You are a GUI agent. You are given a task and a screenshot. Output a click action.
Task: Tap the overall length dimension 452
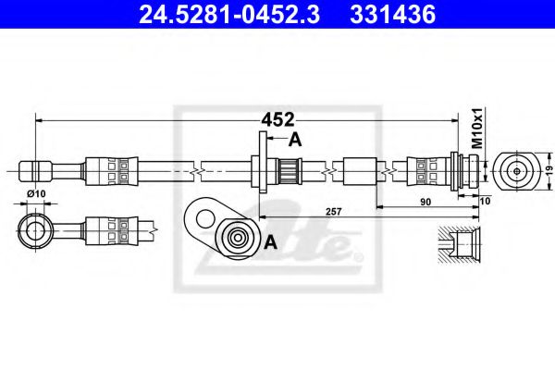(x=277, y=119)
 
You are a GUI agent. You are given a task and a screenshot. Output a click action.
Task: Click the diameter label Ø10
(x=37, y=192)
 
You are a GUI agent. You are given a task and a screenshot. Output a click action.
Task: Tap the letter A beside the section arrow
(x=295, y=140)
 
